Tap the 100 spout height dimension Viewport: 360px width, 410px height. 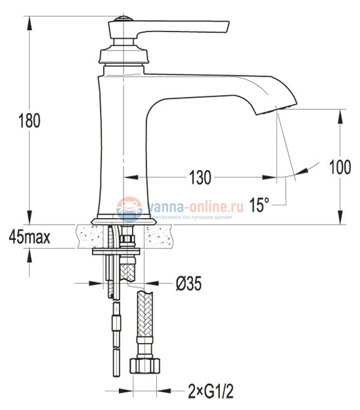(x=339, y=167)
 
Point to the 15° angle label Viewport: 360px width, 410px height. (x=259, y=205)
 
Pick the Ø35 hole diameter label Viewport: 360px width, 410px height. (x=188, y=284)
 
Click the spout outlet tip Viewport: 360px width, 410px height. (x=276, y=107)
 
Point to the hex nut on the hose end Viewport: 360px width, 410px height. (x=144, y=365)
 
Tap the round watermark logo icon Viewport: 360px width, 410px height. (x=129, y=209)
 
